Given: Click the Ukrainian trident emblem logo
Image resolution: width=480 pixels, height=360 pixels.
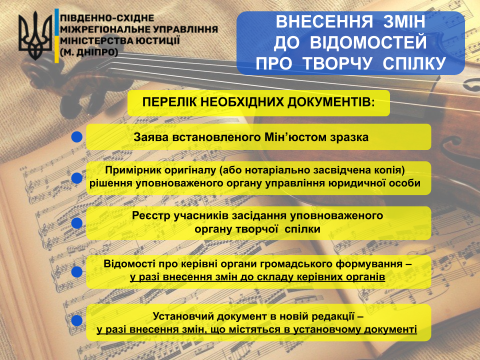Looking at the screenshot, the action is (x=35, y=35).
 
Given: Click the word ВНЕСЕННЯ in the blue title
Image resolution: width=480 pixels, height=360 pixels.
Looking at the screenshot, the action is (x=324, y=21).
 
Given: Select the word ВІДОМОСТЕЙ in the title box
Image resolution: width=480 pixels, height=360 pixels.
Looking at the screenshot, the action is (x=368, y=42).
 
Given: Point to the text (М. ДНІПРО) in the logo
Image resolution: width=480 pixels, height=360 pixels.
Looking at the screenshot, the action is (x=89, y=52).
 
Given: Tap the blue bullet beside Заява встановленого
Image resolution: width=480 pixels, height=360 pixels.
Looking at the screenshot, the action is (x=76, y=137).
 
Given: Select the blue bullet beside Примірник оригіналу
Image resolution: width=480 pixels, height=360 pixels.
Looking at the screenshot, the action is (x=76, y=178).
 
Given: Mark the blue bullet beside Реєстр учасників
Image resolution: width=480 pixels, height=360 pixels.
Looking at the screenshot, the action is (x=76, y=223).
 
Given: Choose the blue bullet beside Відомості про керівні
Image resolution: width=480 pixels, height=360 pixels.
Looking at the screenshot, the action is (x=76, y=271).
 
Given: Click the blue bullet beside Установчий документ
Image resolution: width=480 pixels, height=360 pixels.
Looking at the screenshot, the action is (x=76, y=320).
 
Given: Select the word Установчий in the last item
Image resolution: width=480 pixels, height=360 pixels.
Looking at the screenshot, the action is (x=183, y=316).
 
